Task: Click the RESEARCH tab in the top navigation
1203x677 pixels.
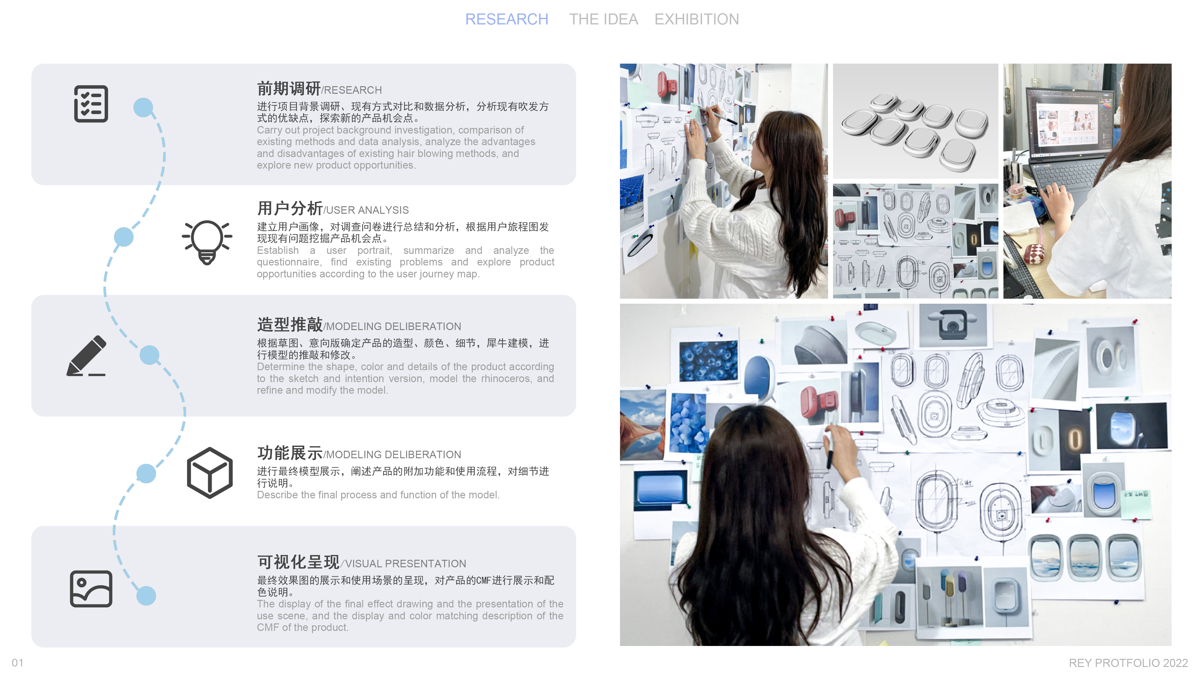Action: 506,19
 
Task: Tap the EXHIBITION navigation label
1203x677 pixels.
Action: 696,19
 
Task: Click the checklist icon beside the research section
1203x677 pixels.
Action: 91,104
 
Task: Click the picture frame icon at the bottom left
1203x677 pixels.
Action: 91,588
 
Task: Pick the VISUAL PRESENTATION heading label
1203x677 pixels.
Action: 405,564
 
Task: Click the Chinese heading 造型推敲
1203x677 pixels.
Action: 289,324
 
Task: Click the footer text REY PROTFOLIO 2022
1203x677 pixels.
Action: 1128,663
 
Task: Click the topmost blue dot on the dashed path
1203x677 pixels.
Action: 143,108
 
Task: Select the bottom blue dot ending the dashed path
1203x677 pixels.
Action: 146,596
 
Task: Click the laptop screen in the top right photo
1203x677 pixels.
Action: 1070,123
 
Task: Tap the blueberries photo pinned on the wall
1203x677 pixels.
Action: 708,360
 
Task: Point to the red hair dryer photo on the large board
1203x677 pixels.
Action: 819,401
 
